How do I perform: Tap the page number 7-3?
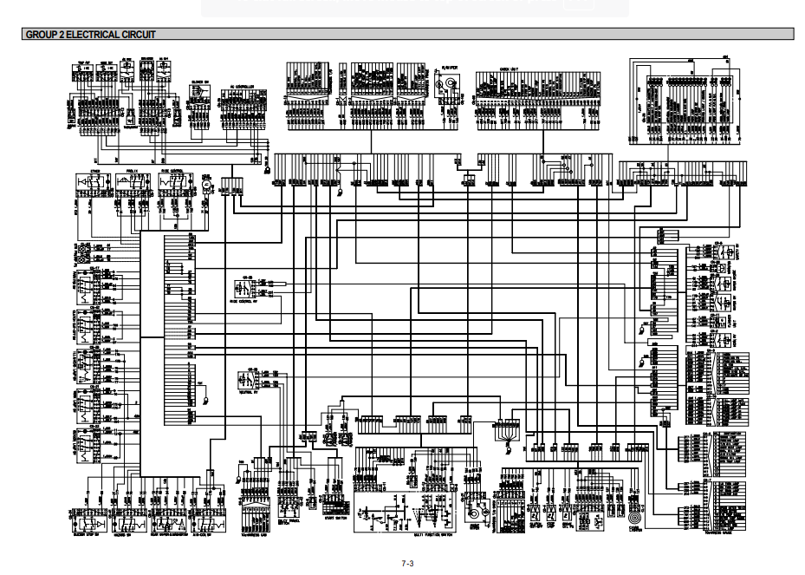(x=407, y=564)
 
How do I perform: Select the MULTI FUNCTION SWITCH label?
(x=433, y=536)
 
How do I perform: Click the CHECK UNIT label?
(x=510, y=69)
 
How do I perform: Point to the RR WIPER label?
(x=450, y=68)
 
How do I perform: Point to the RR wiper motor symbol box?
(x=450, y=82)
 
